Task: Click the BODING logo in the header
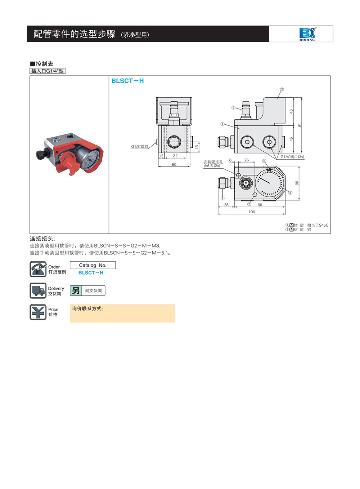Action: [x=307, y=34]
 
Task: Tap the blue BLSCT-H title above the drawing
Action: [x=127, y=81]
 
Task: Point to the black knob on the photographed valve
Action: [x=41, y=154]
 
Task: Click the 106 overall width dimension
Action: [x=252, y=212]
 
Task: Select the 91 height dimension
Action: [x=300, y=125]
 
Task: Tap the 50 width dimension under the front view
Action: [x=174, y=165]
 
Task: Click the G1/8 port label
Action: [x=140, y=146]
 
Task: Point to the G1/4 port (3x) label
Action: [x=292, y=157]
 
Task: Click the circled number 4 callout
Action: [x=233, y=107]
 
